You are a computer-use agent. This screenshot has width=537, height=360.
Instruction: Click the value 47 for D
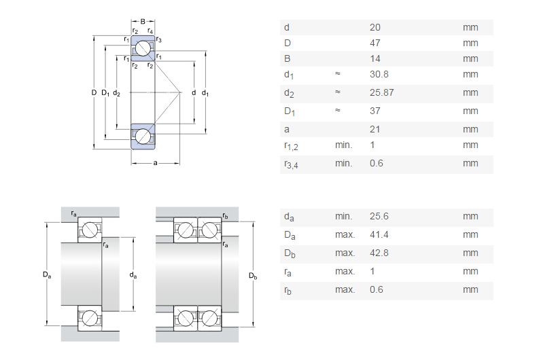pos(375,43)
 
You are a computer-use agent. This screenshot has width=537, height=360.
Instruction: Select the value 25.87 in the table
pos(381,92)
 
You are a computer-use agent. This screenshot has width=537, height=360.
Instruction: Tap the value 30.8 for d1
pos(378,74)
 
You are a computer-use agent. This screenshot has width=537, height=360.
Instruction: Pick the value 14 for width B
pos(375,58)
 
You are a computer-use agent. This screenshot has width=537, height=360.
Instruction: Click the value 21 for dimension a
pos(375,129)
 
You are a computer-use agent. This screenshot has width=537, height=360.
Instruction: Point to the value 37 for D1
pos(375,111)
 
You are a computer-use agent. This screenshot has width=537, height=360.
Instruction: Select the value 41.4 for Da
pos(378,234)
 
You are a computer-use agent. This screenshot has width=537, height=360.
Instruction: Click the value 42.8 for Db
pos(379,253)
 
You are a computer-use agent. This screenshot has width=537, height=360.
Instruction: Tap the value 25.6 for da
pos(379,216)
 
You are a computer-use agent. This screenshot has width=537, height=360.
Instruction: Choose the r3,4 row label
pos(291,164)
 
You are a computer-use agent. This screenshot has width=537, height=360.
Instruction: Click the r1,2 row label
pos(291,145)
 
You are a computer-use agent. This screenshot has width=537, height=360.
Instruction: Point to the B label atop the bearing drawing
pos(143,22)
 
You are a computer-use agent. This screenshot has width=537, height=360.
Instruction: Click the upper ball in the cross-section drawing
pos(143,49)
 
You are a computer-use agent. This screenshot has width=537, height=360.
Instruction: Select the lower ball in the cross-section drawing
pos(143,136)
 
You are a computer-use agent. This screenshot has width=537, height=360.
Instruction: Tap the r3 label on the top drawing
pos(158,40)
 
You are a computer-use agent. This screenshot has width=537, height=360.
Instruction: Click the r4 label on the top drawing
pos(150,31)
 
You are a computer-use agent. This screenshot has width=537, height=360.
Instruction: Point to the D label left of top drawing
pos(93,92)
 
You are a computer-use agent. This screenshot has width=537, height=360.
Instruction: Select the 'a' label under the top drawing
pos(156,163)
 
